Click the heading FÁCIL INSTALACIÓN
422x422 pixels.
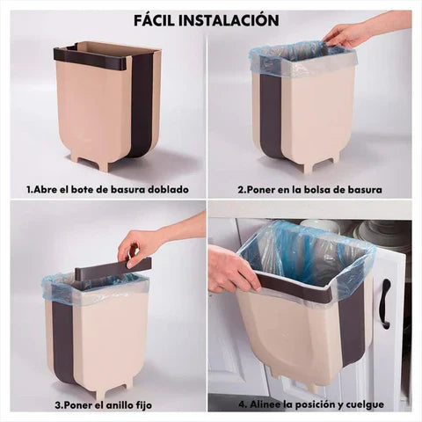pyautogui.click(x=207, y=19)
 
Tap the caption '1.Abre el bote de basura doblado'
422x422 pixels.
pyautogui.click(x=106, y=188)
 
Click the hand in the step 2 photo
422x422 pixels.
pyautogui.click(x=350, y=35)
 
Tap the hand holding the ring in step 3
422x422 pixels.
pyautogui.click(x=141, y=244)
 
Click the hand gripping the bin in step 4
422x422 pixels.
pyautogui.click(x=230, y=270)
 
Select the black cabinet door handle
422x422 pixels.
pyautogui.click(x=384, y=303)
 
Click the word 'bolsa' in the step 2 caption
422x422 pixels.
pyautogui.click(x=318, y=188)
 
